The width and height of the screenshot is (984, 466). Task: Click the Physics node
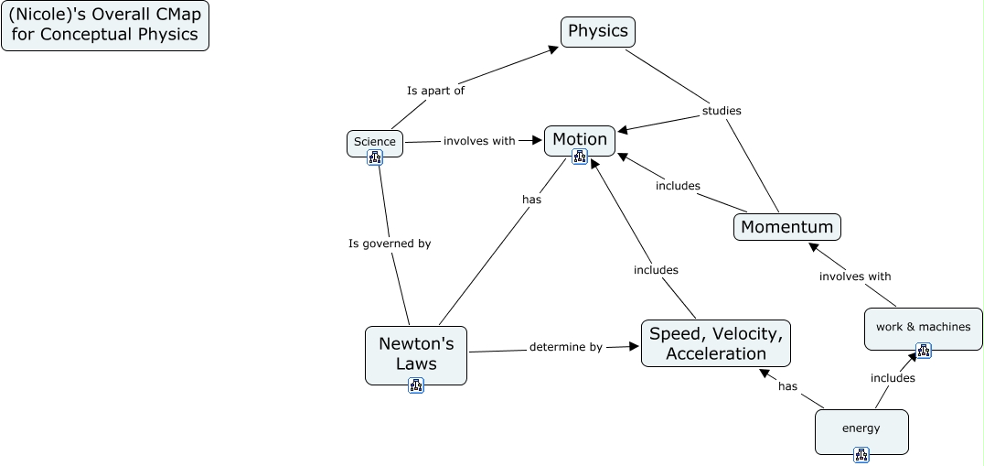pyautogui.click(x=598, y=32)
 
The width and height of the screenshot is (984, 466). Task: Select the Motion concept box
pyautogui.click(x=580, y=139)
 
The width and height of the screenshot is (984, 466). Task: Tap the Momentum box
pyautogui.click(x=786, y=227)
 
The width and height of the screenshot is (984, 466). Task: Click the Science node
pyautogui.click(x=375, y=142)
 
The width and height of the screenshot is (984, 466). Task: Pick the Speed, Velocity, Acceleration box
pyautogui.click(x=716, y=343)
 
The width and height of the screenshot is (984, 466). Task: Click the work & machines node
pyautogui.click(x=924, y=327)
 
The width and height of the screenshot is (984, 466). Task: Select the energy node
pyautogui.click(x=861, y=428)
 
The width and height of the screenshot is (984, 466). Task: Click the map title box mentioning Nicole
pyautogui.click(x=105, y=26)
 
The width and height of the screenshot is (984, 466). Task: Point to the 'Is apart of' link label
pyautogui.click(x=435, y=91)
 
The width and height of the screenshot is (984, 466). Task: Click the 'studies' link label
pyautogui.click(x=722, y=111)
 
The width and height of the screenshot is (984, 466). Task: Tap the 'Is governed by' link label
pyautogui.click(x=390, y=244)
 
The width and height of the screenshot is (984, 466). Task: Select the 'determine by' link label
pyautogui.click(x=566, y=347)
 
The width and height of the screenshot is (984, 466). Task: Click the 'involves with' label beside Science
pyautogui.click(x=479, y=141)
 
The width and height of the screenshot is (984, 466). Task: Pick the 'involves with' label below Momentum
pyautogui.click(x=855, y=276)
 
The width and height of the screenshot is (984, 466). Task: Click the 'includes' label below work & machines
pyautogui.click(x=893, y=377)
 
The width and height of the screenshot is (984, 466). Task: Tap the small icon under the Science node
pyautogui.click(x=375, y=157)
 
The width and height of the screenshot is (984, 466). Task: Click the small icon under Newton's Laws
pyautogui.click(x=416, y=385)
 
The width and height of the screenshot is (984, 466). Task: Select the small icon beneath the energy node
pyautogui.click(x=861, y=454)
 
